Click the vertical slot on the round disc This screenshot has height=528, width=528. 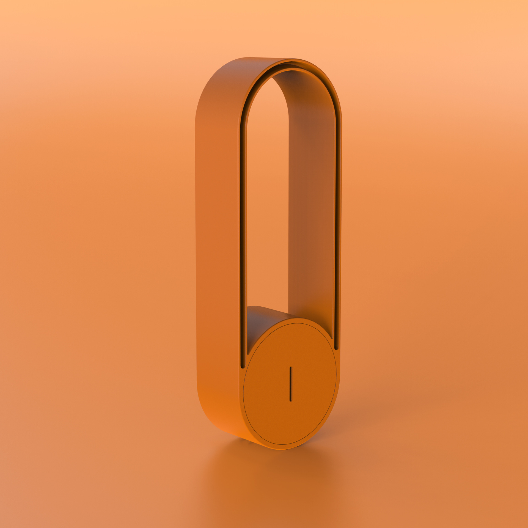pos(290,384)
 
